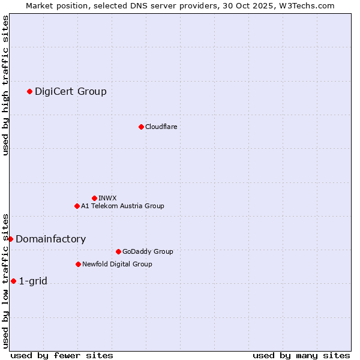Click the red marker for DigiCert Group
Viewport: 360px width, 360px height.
(29, 91)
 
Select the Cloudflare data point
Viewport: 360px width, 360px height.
(141, 127)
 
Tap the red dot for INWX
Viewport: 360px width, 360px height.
(94, 198)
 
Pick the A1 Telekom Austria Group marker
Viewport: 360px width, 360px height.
(77, 206)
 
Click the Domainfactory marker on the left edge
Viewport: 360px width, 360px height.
(10, 239)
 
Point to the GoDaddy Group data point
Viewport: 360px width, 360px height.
(118, 251)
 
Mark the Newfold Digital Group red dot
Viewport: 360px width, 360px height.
(78, 264)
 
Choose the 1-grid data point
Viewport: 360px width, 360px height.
(13, 281)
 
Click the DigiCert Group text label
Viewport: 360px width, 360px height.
(71, 91)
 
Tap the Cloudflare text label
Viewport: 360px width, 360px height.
(161, 127)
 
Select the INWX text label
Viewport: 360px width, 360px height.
(107, 198)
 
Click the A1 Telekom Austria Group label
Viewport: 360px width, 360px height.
(122, 206)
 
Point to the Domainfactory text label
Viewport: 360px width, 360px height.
(50, 239)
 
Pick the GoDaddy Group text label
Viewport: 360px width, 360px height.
(148, 251)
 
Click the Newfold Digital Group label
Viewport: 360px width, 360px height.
(117, 264)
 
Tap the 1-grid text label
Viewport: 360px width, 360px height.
(33, 281)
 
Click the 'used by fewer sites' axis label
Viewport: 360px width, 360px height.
(62, 355)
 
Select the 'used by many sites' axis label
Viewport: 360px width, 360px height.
(301, 355)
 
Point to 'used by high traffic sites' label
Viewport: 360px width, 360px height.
(5, 85)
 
